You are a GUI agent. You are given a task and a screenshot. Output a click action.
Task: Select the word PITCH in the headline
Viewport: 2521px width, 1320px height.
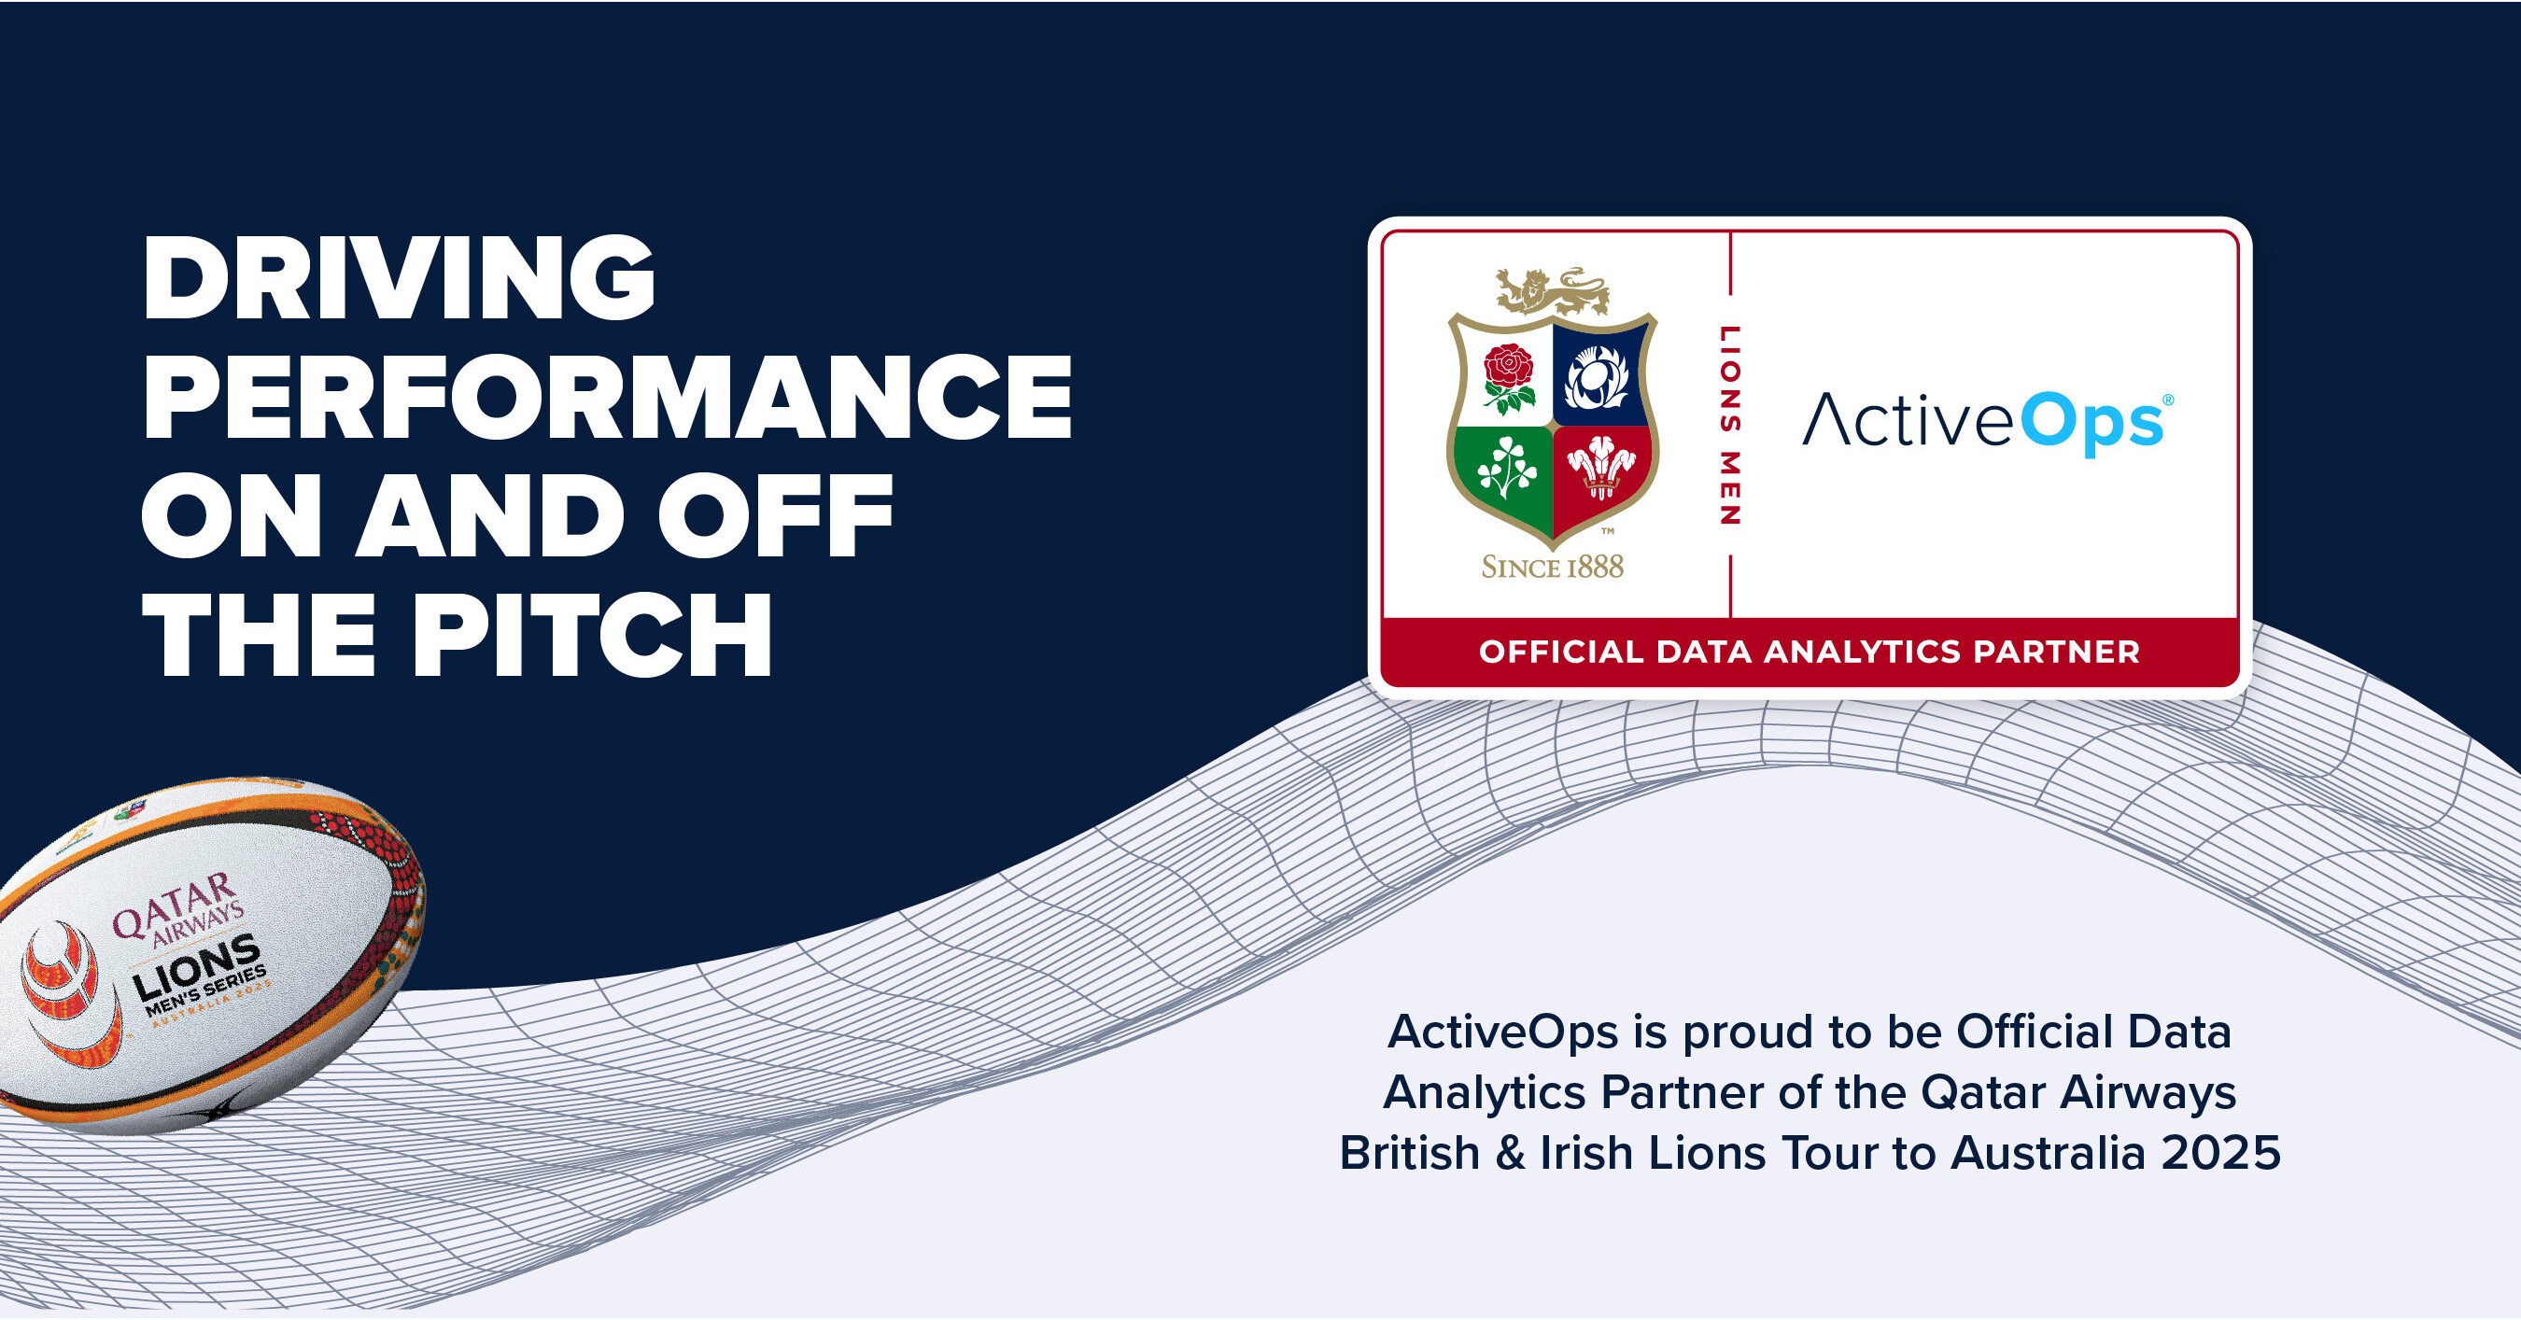592,635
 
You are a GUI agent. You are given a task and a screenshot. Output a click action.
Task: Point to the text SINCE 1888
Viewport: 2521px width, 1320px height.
1552,567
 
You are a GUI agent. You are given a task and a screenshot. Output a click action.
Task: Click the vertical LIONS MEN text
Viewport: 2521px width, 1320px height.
1730,425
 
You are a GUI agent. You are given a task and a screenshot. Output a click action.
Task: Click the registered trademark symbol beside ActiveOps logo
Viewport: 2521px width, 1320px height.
2168,400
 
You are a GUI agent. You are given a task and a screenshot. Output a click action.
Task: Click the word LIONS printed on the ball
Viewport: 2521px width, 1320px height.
196,970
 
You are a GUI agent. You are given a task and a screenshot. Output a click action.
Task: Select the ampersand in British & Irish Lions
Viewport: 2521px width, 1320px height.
1510,1153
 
